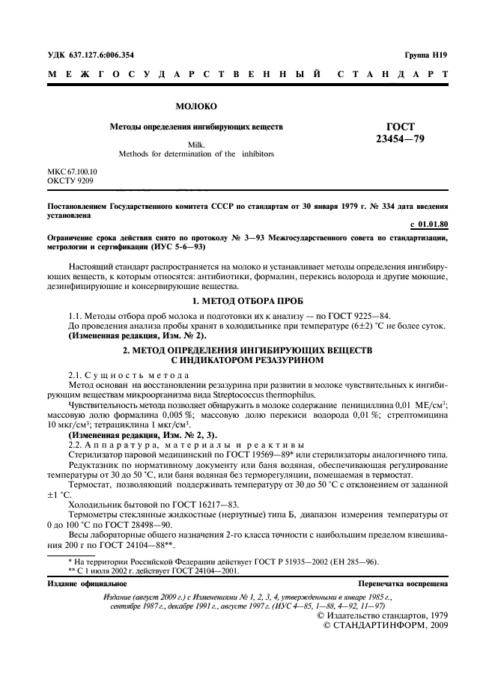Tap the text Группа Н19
point(426,55)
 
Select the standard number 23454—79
point(400,139)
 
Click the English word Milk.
point(196,144)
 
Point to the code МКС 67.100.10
point(72,171)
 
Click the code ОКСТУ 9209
point(70,180)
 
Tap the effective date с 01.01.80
point(429,224)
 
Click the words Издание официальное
point(87,582)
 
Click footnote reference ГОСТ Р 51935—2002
point(285,561)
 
